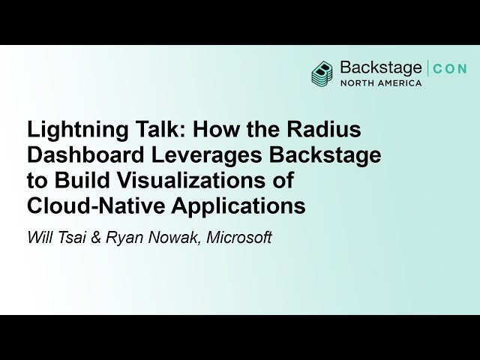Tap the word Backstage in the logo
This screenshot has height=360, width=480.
click(x=380, y=67)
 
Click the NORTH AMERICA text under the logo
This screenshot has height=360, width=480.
click(x=381, y=82)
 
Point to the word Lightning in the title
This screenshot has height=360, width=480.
click(x=67, y=130)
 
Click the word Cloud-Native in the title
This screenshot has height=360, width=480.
click(x=89, y=206)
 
